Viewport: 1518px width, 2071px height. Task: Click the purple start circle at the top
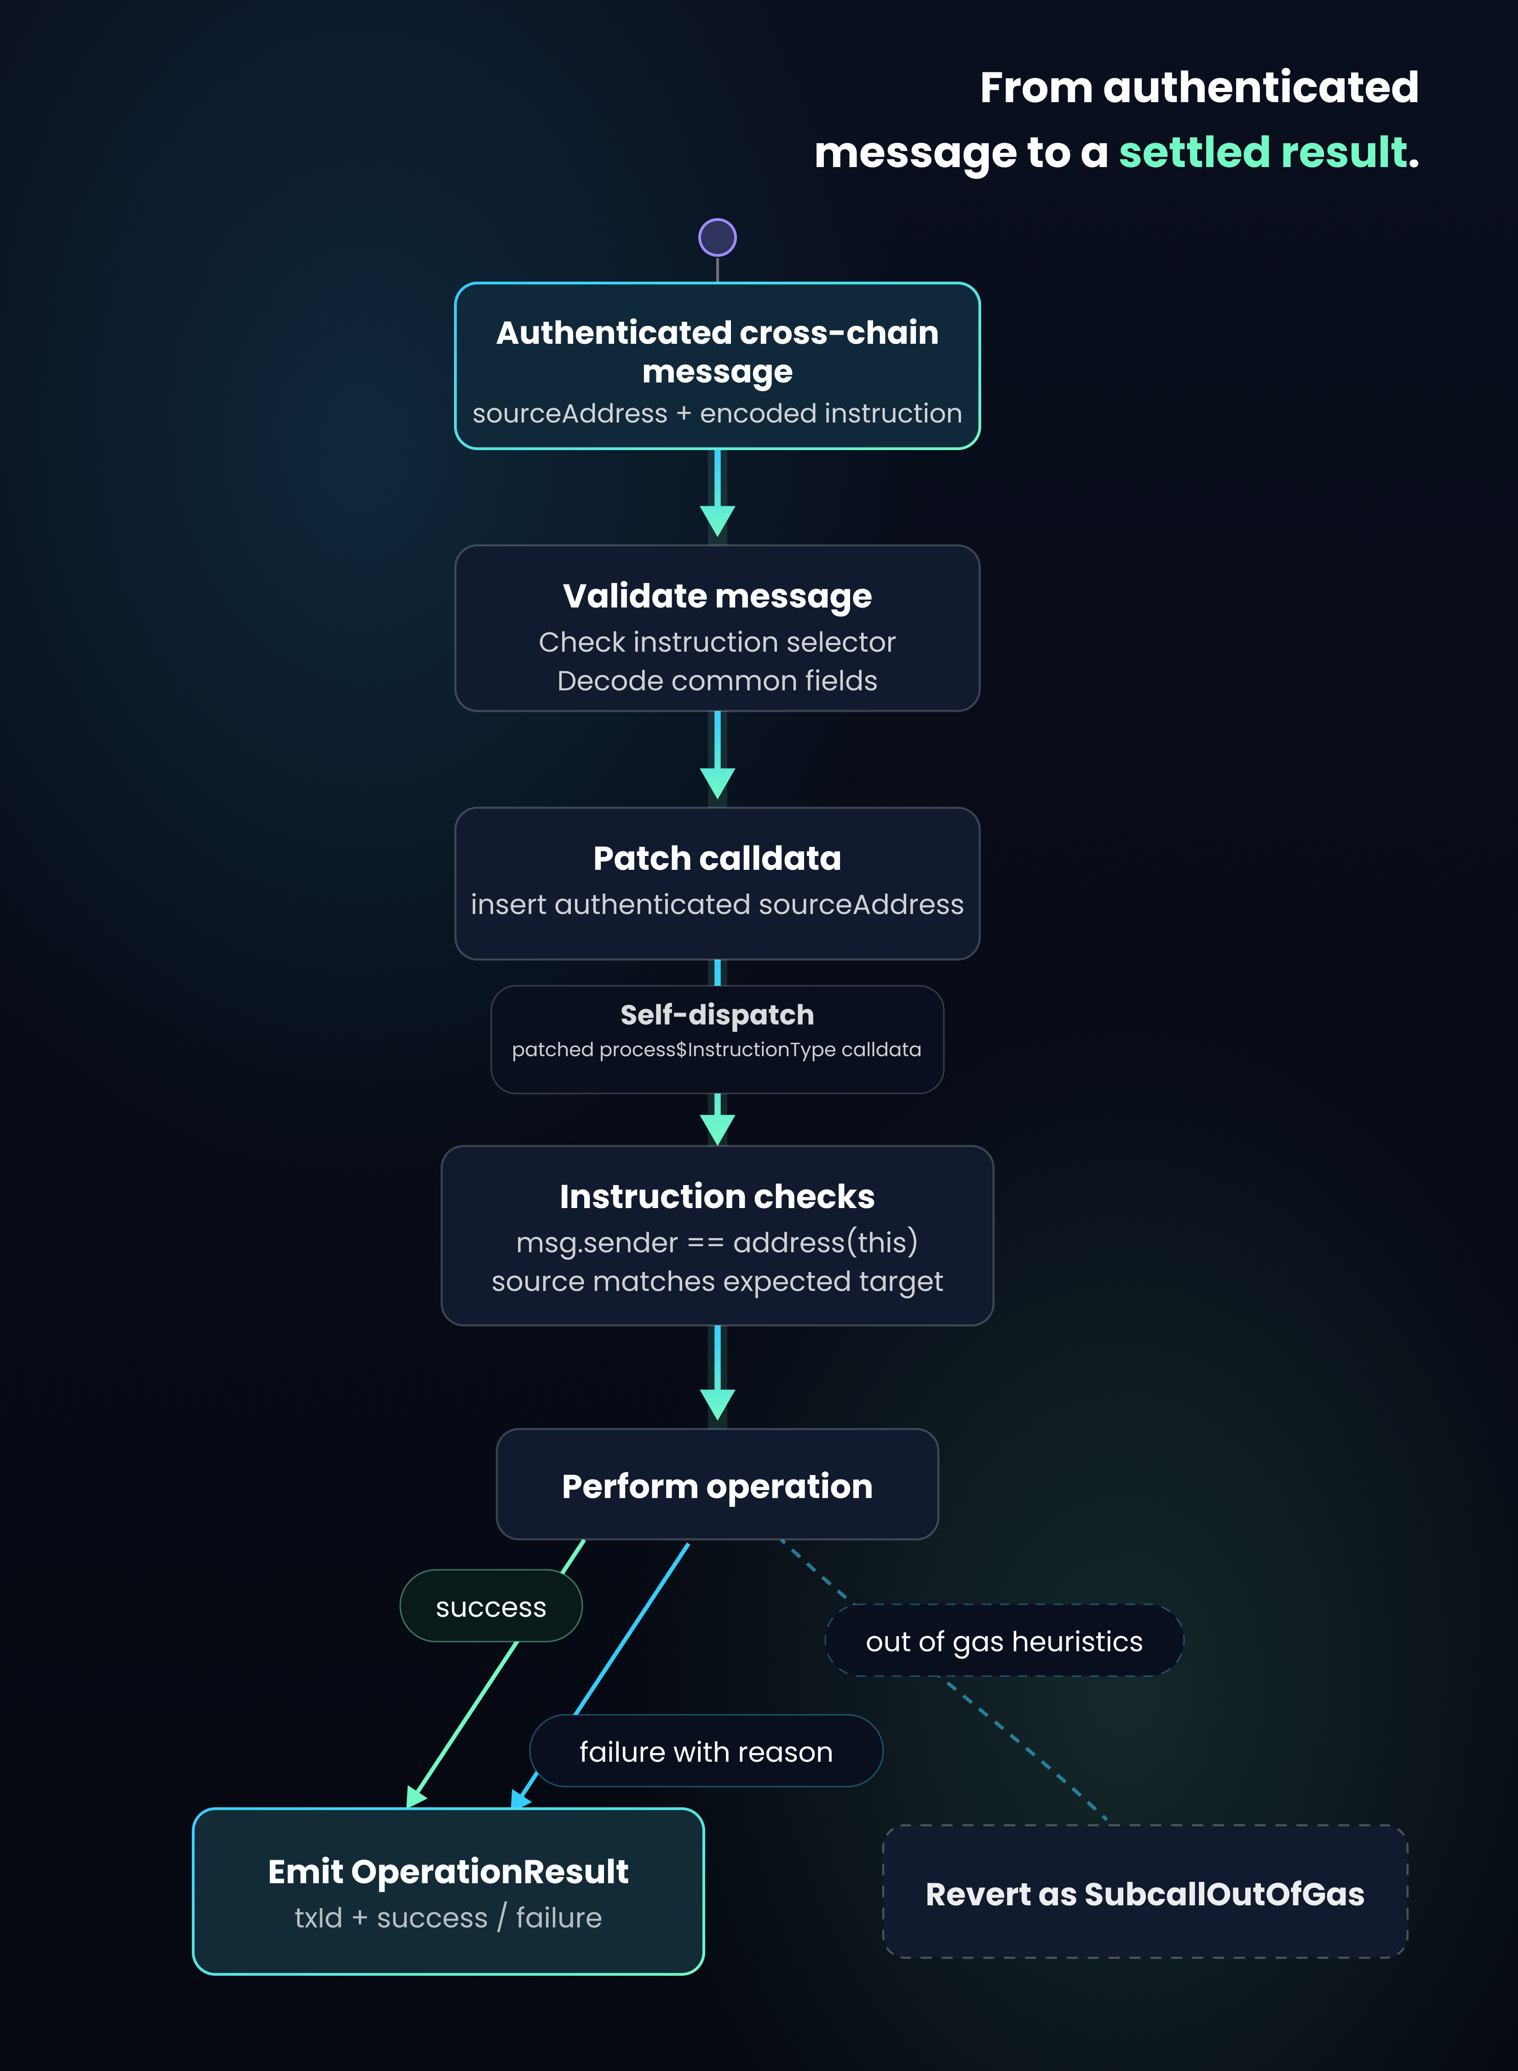[718, 237]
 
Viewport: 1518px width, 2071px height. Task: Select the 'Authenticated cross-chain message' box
[718, 366]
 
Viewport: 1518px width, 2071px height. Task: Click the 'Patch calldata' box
[718, 883]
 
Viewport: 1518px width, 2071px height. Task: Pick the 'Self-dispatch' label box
[718, 1040]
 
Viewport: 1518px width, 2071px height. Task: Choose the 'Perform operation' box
[718, 1484]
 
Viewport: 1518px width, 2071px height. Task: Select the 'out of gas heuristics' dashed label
[1004, 1641]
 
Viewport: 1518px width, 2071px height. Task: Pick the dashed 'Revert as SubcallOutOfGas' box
[1145, 1892]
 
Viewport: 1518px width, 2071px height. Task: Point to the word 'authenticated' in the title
[1261, 87]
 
